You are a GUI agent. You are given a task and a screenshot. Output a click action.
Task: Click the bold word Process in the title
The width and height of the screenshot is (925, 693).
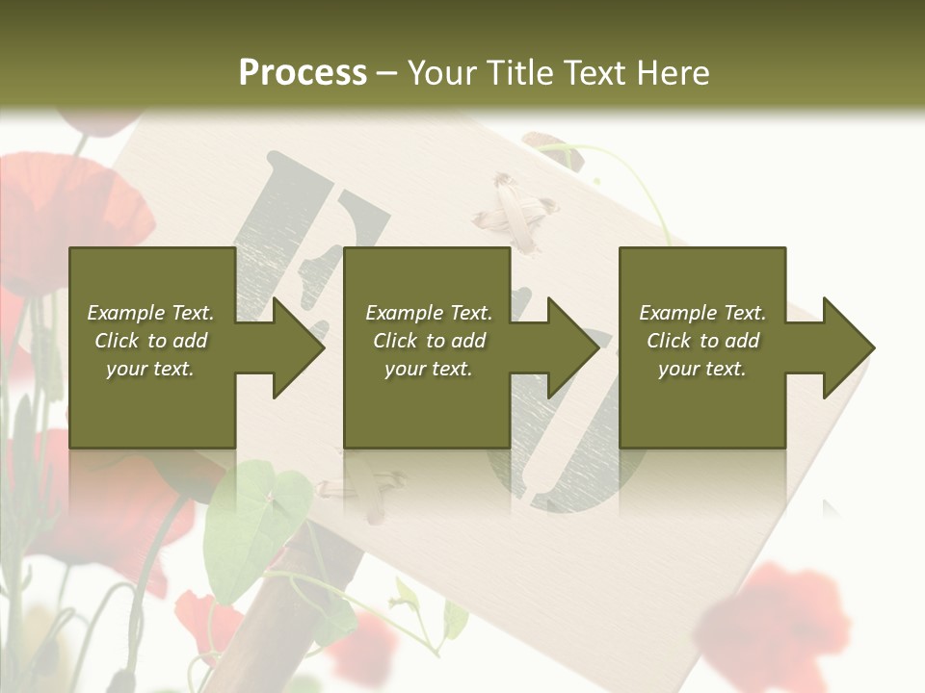pyautogui.click(x=303, y=73)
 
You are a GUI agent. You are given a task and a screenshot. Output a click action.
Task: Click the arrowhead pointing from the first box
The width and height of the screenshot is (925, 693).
pyautogui.click(x=295, y=347)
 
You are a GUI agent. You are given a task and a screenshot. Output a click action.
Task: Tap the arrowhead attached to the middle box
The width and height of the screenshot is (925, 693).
pyautogui.click(x=569, y=347)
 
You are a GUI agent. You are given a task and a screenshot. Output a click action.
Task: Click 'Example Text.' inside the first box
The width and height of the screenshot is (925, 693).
pyautogui.click(x=150, y=313)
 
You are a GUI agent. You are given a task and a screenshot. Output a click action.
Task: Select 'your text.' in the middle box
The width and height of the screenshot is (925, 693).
pyautogui.click(x=428, y=369)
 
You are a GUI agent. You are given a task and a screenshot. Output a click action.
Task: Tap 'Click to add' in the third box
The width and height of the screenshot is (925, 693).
pyautogui.click(x=702, y=341)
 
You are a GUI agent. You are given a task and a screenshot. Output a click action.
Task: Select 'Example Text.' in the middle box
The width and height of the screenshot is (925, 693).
pyautogui.click(x=428, y=313)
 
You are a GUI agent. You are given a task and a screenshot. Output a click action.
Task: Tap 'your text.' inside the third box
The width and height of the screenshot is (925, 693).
pyautogui.click(x=702, y=369)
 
